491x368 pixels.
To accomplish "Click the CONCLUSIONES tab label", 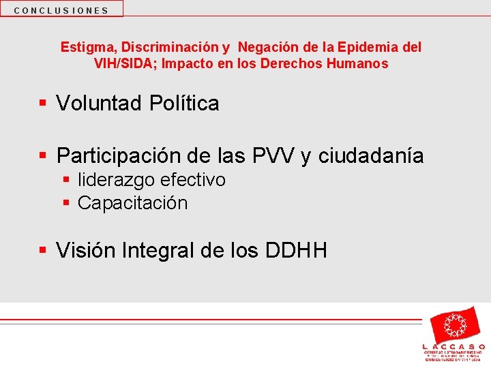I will (61, 10).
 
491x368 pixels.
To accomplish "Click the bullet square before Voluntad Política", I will (42, 104).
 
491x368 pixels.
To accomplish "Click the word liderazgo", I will (115, 181).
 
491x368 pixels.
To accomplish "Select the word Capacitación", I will (132, 203).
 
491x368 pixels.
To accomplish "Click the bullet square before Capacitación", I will (65, 203).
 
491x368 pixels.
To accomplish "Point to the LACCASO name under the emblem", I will (453, 346).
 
